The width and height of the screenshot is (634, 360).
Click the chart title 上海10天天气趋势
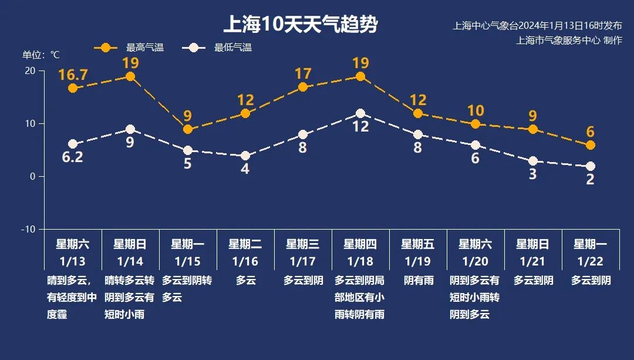pyautogui.click(x=300, y=25)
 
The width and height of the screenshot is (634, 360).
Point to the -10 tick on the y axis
pyautogui.click(x=28, y=229)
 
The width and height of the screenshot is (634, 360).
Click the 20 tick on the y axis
pyautogui.click(x=30, y=70)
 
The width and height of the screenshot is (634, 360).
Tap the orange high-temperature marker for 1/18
pyautogui.click(x=360, y=77)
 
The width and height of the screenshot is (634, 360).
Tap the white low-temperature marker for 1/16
pyautogui.click(x=245, y=156)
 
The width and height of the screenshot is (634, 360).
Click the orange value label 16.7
pyautogui.click(x=73, y=75)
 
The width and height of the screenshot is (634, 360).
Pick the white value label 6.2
pyautogui.click(x=73, y=157)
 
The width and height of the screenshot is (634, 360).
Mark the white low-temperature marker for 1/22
pyautogui.click(x=591, y=166)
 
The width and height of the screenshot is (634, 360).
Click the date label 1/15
pyautogui.click(x=188, y=261)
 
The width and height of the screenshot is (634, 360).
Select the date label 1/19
pyautogui.click(x=418, y=261)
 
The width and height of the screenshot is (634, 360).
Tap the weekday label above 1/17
pyautogui.click(x=303, y=244)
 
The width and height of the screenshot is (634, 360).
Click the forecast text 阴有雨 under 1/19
pyautogui.click(x=418, y=281)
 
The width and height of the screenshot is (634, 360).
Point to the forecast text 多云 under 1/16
pyautogui.click(x=245, y=281)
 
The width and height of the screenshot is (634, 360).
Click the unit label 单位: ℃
pyautogui.click(x=41, y=55)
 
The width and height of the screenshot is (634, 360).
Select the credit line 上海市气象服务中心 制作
pyautogui.click(x=569, y=40)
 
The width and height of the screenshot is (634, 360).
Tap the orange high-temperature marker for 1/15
pyautogui.click(x=188, y=129)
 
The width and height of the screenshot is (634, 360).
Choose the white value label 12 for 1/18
pyautogui.click(x=360, y=126)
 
